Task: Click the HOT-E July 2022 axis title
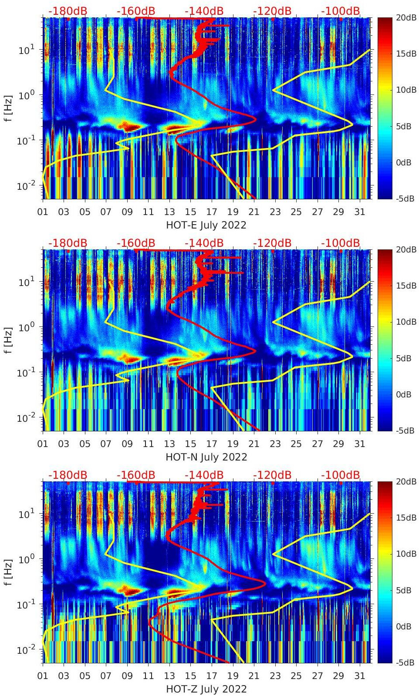tap(206, 225)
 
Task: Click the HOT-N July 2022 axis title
tap(206, 457)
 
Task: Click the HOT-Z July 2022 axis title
tap(206, 689)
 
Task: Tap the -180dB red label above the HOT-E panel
tap(68, 11)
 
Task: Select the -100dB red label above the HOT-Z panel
tap(341, 475)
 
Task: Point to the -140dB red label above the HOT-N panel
tap(204, 243)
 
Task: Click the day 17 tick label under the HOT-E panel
tap(212, 212)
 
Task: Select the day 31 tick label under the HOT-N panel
tap(359, 444)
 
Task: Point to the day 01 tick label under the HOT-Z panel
tap(43, 676)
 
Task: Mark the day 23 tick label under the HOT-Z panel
tap(275, 676)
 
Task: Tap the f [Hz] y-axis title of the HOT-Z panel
tap(8, 572)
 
